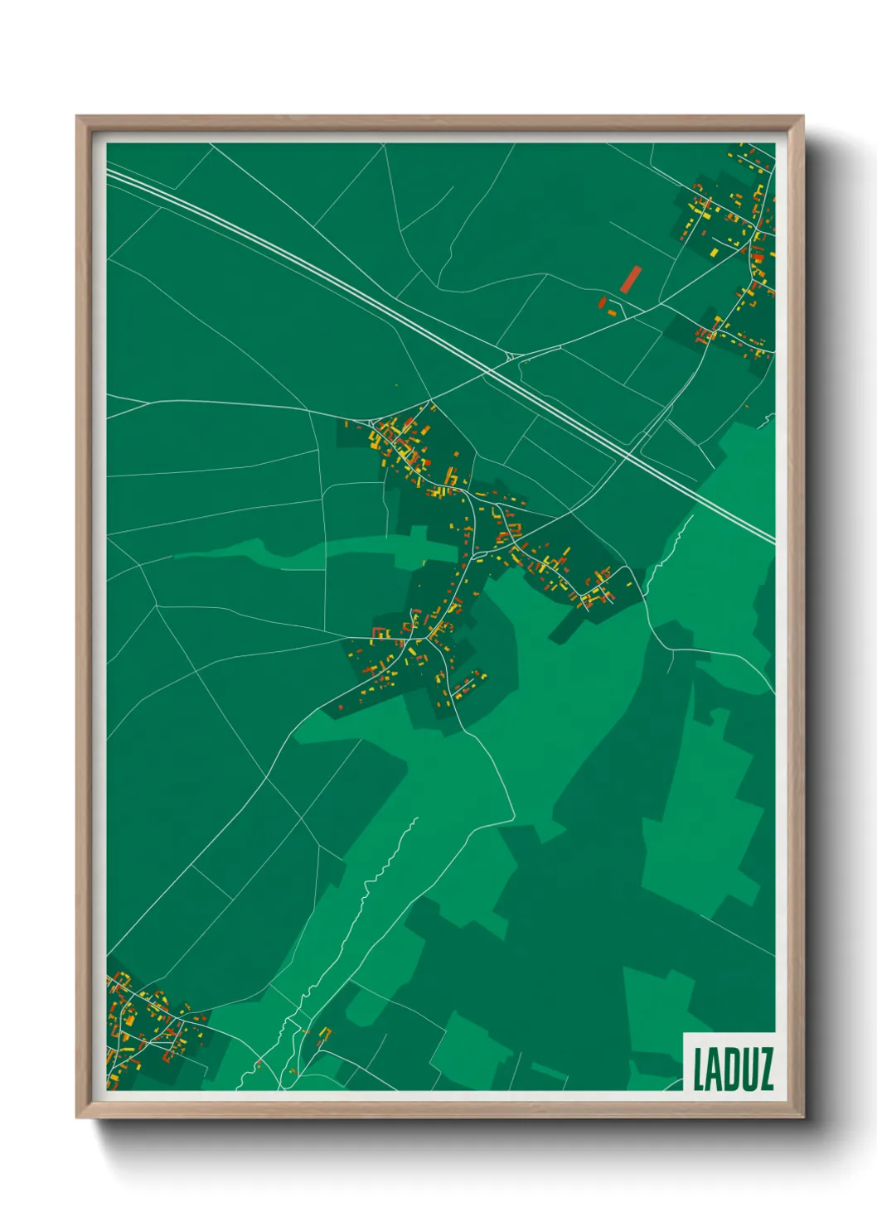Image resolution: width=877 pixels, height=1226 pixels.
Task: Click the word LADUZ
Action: coord(733,1069)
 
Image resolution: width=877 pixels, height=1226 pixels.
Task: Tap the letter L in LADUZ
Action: coord(698,1069)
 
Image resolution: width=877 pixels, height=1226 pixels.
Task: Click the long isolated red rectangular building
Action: coord(631,279)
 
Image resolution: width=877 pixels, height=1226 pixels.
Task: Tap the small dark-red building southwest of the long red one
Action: coord(603,302)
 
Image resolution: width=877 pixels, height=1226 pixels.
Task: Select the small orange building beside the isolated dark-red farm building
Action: coord(613,311)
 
